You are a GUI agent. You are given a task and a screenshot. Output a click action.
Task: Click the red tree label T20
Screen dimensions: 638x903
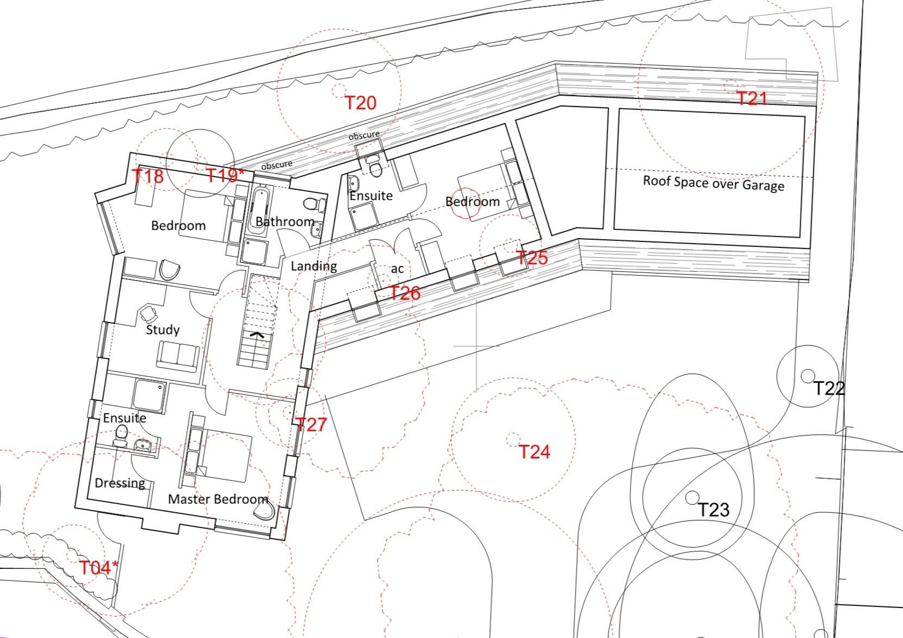click(x=361, y=102)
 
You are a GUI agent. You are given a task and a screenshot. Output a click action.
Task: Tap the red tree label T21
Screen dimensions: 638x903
click(x=751, y=98)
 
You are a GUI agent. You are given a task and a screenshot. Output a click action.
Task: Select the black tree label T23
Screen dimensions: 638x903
click(x=713, y=510)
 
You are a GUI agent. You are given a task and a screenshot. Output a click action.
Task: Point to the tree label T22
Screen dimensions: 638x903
click(x=828, y=388)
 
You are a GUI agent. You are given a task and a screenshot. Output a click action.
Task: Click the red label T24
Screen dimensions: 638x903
click(x=534, y=451)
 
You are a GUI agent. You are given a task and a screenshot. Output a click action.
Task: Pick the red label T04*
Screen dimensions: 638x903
click(x=98, y=568)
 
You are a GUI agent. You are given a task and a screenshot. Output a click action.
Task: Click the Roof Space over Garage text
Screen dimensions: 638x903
click(x=713, y=183)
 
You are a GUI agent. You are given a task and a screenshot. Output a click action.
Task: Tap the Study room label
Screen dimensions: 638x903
click(x=163, y=330)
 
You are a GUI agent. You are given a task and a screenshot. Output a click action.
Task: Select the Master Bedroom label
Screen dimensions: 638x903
click(x=218, y=499)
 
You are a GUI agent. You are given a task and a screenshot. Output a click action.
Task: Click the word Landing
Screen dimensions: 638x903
click(x=313, y=266)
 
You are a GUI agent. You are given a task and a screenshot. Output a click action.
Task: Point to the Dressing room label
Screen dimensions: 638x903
click(x=120, y=483)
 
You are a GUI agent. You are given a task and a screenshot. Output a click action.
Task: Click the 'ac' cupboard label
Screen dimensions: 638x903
click(x=397, y=269)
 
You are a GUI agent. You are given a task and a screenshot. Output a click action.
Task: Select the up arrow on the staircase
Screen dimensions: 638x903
click(x=257, y=335)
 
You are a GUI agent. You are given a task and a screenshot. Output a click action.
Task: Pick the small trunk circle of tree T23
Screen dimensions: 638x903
click(x=692, y=497)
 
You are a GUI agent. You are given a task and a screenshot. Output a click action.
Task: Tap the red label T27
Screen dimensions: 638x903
click(x=311, y=425)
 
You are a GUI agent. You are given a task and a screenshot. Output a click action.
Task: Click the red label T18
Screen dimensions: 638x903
click(x=147, y=176)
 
